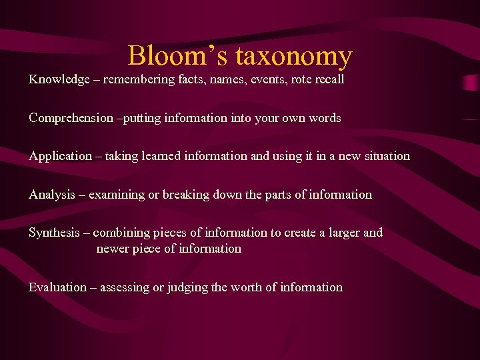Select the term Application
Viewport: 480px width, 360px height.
(61, 156)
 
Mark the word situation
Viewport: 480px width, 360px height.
(383, 156)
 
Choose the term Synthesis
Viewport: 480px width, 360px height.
(55, 233)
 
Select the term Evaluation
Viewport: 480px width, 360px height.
(58, 287)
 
